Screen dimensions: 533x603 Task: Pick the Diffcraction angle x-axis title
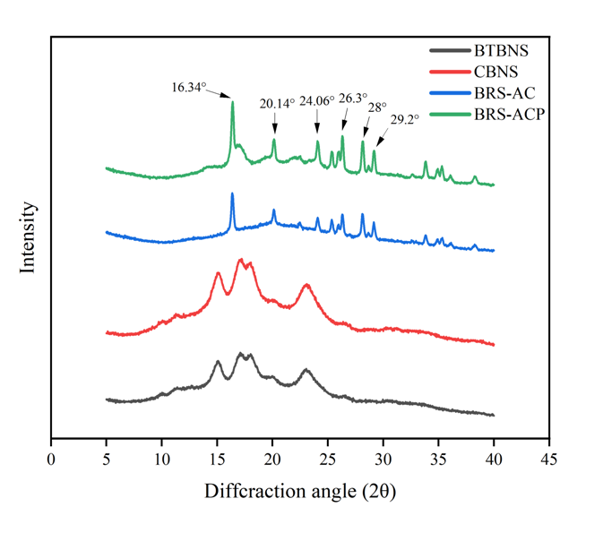(x=300, y=492)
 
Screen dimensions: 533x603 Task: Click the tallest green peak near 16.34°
(x=233, y=103)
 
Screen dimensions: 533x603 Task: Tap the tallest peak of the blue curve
(x=233, y=194)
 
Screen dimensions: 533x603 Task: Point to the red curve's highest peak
(x=240, y=260)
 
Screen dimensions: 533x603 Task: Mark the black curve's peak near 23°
(x=306, y=369)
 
